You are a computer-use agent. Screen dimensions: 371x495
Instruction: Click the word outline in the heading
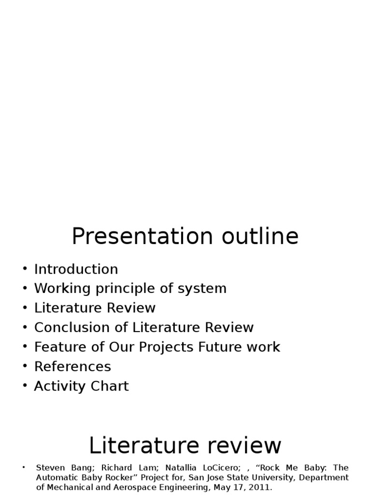point(260,236)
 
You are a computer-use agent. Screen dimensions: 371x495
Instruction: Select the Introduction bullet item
point(76,269)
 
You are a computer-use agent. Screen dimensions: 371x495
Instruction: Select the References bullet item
point(72,366)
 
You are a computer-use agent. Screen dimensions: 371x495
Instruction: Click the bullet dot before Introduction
point(25,269)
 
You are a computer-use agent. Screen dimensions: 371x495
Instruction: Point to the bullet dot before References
point(25,366)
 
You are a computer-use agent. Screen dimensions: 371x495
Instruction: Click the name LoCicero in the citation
point(221,467)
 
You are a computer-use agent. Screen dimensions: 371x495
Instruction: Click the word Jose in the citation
point(214,477)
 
